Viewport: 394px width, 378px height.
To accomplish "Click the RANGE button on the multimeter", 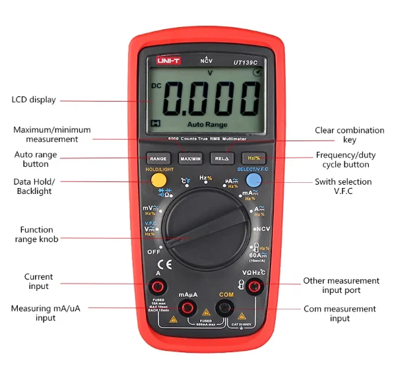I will (x=158, y=158).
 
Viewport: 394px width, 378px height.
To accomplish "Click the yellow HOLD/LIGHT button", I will (x=158, y=180).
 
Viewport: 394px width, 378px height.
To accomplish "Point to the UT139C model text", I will (x=246, y=61).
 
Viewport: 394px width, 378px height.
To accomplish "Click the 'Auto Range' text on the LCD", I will (x=207, y=124).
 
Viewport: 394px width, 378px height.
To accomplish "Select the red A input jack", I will (x=158, y=286).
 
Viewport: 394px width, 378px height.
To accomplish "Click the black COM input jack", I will (x=226, y=307).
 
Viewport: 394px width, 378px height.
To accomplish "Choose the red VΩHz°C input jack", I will (x=253, y=286).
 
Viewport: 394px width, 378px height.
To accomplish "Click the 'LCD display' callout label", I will (x=34, y=100).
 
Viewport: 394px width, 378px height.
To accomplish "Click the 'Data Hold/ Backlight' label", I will (x=34, y=186).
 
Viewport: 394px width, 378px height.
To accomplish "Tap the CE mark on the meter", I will (x=151, y=265).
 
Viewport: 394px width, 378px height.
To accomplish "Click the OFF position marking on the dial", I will (x=154, y=251).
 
